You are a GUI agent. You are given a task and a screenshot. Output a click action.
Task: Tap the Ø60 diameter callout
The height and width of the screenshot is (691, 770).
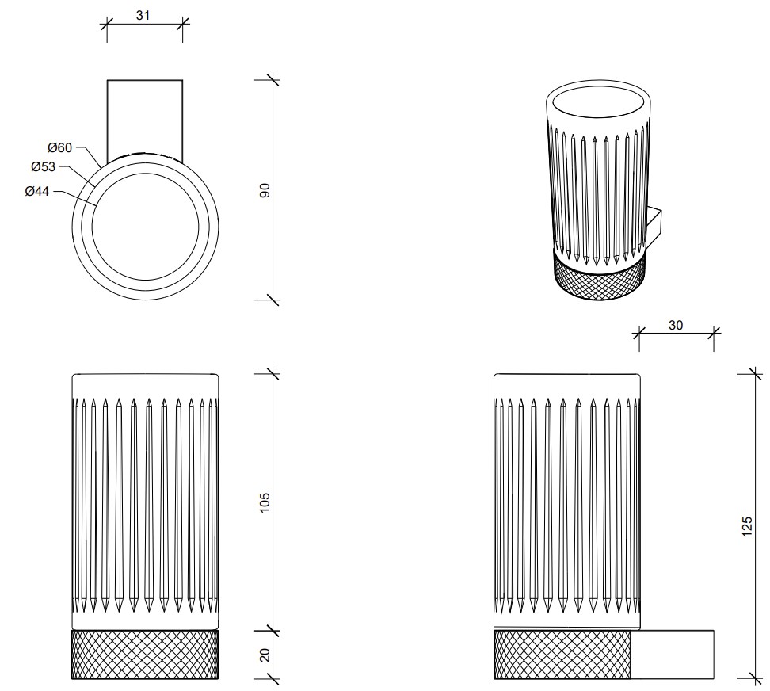tap(59, 147)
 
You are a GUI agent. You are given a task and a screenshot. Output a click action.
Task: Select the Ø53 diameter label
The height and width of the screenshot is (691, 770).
tap(44, 166)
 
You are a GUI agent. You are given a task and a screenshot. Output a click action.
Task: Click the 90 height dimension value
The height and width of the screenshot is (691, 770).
tap(265, 190)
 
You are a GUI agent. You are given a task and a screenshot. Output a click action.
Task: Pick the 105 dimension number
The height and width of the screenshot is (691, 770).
tap(265, 501)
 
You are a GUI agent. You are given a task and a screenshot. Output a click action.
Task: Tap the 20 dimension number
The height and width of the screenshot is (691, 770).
tap(265, 655)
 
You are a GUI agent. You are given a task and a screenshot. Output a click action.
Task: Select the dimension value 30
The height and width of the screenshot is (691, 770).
tap(676, 325)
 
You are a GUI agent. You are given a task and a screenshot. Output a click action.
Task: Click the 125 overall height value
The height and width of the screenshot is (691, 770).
tap(746, 525)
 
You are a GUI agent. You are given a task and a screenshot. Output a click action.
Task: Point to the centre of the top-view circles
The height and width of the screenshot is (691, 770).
tap(144, 224)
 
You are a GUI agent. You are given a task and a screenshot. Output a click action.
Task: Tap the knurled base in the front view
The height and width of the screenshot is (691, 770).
tap(144, 655)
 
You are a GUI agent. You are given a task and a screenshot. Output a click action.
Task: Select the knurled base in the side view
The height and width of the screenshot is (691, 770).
tap(562, 655)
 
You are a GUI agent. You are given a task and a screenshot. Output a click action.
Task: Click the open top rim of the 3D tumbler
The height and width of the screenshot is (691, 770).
tap(600, 105)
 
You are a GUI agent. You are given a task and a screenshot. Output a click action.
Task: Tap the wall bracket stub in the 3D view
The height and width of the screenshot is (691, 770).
tap(657, 225)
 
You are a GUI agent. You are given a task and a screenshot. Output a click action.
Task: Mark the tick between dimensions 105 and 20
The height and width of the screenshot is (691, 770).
tap(273, 631)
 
